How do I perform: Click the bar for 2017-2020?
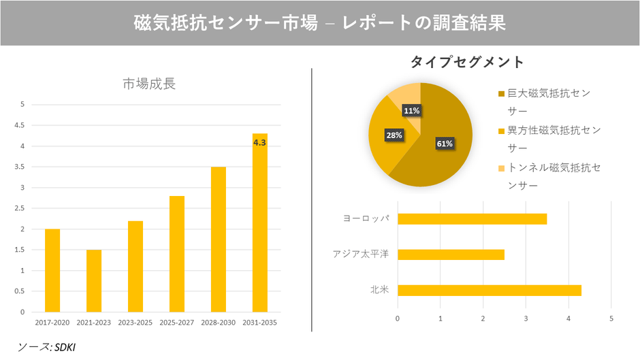tap(52, 270)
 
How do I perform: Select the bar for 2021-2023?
tap(94, 280)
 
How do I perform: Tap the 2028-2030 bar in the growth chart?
tap(218, 239)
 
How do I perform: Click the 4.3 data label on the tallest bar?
tap(259, 143)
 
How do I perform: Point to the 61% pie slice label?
tap(445, 144)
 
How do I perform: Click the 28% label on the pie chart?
tap(394, 135)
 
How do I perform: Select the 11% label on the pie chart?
tap(411, 110)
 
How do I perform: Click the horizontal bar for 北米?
tap(489, 291)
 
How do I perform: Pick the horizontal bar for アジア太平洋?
tap(451, 255)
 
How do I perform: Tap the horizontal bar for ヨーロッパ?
tap(472, 218)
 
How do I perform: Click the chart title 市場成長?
tap(148, 84)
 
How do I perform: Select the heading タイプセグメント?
tap(467, 62)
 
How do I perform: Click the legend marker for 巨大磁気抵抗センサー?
tap(502, 93)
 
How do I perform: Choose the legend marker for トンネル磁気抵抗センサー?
tap(502, 167)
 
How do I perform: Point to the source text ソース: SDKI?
tap(47, 347)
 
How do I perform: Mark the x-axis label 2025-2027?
tap(176, 321)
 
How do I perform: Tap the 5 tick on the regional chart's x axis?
tap(611, 318)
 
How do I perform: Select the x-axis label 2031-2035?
tap(259, 321)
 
